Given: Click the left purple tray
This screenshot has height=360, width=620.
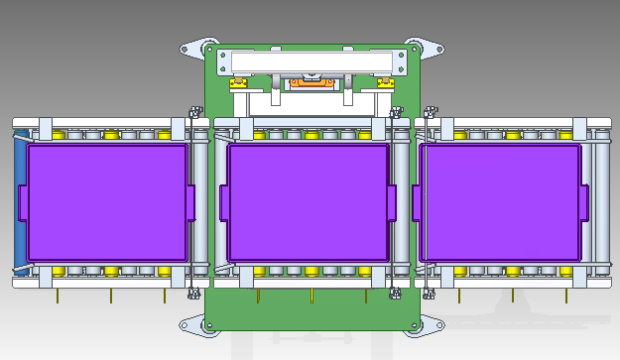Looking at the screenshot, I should (106, 203).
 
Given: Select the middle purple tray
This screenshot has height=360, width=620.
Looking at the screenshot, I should (308, 203).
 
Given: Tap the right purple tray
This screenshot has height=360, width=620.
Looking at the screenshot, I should (501, 203).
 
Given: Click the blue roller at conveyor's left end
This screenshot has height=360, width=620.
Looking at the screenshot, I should (18, 203).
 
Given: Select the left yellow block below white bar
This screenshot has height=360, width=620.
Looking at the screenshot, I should (238, 82).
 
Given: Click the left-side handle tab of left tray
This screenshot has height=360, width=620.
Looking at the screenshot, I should (22, 203).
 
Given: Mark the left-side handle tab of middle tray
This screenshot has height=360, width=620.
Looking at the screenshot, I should (223, 203).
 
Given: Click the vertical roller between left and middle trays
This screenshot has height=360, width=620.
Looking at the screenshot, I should (202, 203).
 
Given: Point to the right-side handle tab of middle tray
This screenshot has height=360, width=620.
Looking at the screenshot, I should (393, 203).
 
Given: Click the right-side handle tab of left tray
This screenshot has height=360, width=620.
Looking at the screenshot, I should (191, 203).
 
